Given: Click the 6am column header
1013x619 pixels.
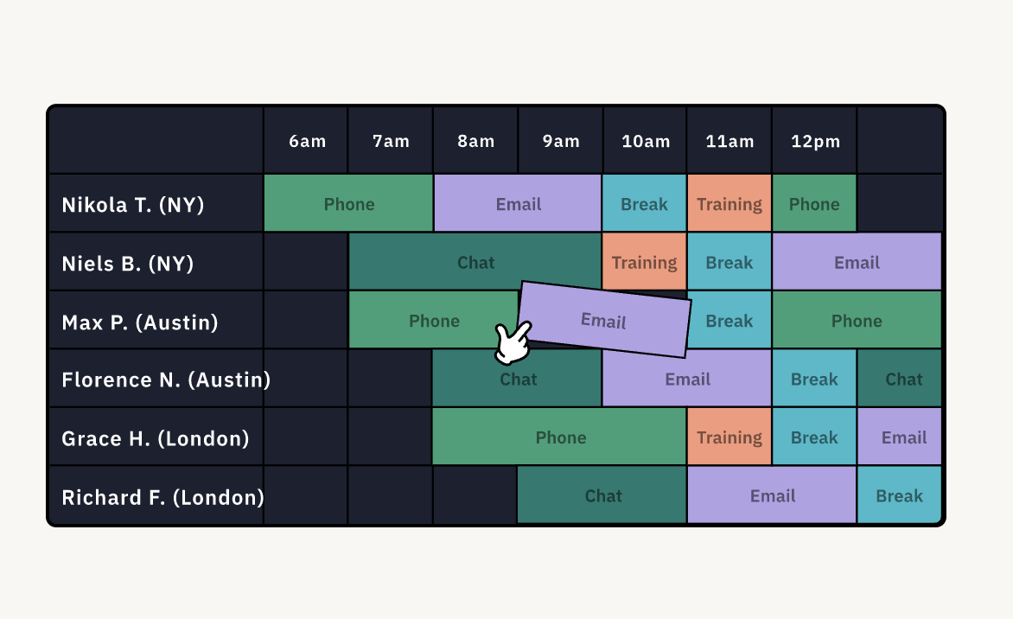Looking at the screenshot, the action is tap(307, 142).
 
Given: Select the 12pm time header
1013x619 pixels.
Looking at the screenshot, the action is tap(815, 142).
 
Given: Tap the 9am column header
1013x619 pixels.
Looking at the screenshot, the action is tap(561, 142).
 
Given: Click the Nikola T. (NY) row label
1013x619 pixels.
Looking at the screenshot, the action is tap(132, 205).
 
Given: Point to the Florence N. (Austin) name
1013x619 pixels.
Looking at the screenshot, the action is tap(166, 380).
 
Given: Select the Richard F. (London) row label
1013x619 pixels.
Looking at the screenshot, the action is tap(162, 497).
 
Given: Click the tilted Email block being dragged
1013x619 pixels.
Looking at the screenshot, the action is tap(604, 319).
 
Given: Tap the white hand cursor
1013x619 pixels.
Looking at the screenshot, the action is tap(513, 342).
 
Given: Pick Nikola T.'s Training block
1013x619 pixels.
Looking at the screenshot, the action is tap(729, 203).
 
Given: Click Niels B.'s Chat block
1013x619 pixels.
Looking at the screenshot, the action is tap(475, 262).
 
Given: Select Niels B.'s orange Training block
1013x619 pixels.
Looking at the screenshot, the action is tap(644, 262).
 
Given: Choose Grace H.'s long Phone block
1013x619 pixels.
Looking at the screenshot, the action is tap(559, 437).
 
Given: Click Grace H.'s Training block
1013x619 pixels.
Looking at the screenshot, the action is tap(729, 437).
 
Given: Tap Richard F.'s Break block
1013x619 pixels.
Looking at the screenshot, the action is tap(899, 495).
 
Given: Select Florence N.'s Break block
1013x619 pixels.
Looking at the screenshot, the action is tap(814, 379).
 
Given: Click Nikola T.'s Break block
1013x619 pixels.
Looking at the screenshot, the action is tap(644, 203).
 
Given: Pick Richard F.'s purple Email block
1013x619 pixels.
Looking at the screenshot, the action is tap(772, 495).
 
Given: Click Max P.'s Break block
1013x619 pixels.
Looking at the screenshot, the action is tap(729, 321).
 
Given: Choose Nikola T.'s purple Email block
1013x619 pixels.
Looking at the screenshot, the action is tap(518, 203).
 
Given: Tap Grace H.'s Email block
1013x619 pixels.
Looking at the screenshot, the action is tap(899, 437).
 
